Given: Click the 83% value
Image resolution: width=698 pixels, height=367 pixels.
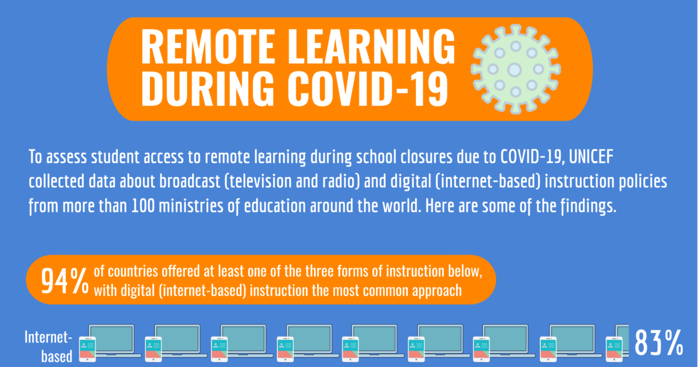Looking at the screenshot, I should click(x=659, y=343).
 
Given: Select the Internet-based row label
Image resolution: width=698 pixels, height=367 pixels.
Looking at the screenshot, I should click(x=48, y=347).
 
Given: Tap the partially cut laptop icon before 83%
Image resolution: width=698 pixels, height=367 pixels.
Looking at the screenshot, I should click(x=618, y=344).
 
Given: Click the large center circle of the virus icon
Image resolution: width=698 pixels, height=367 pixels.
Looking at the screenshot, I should click(x=515, y=70).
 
